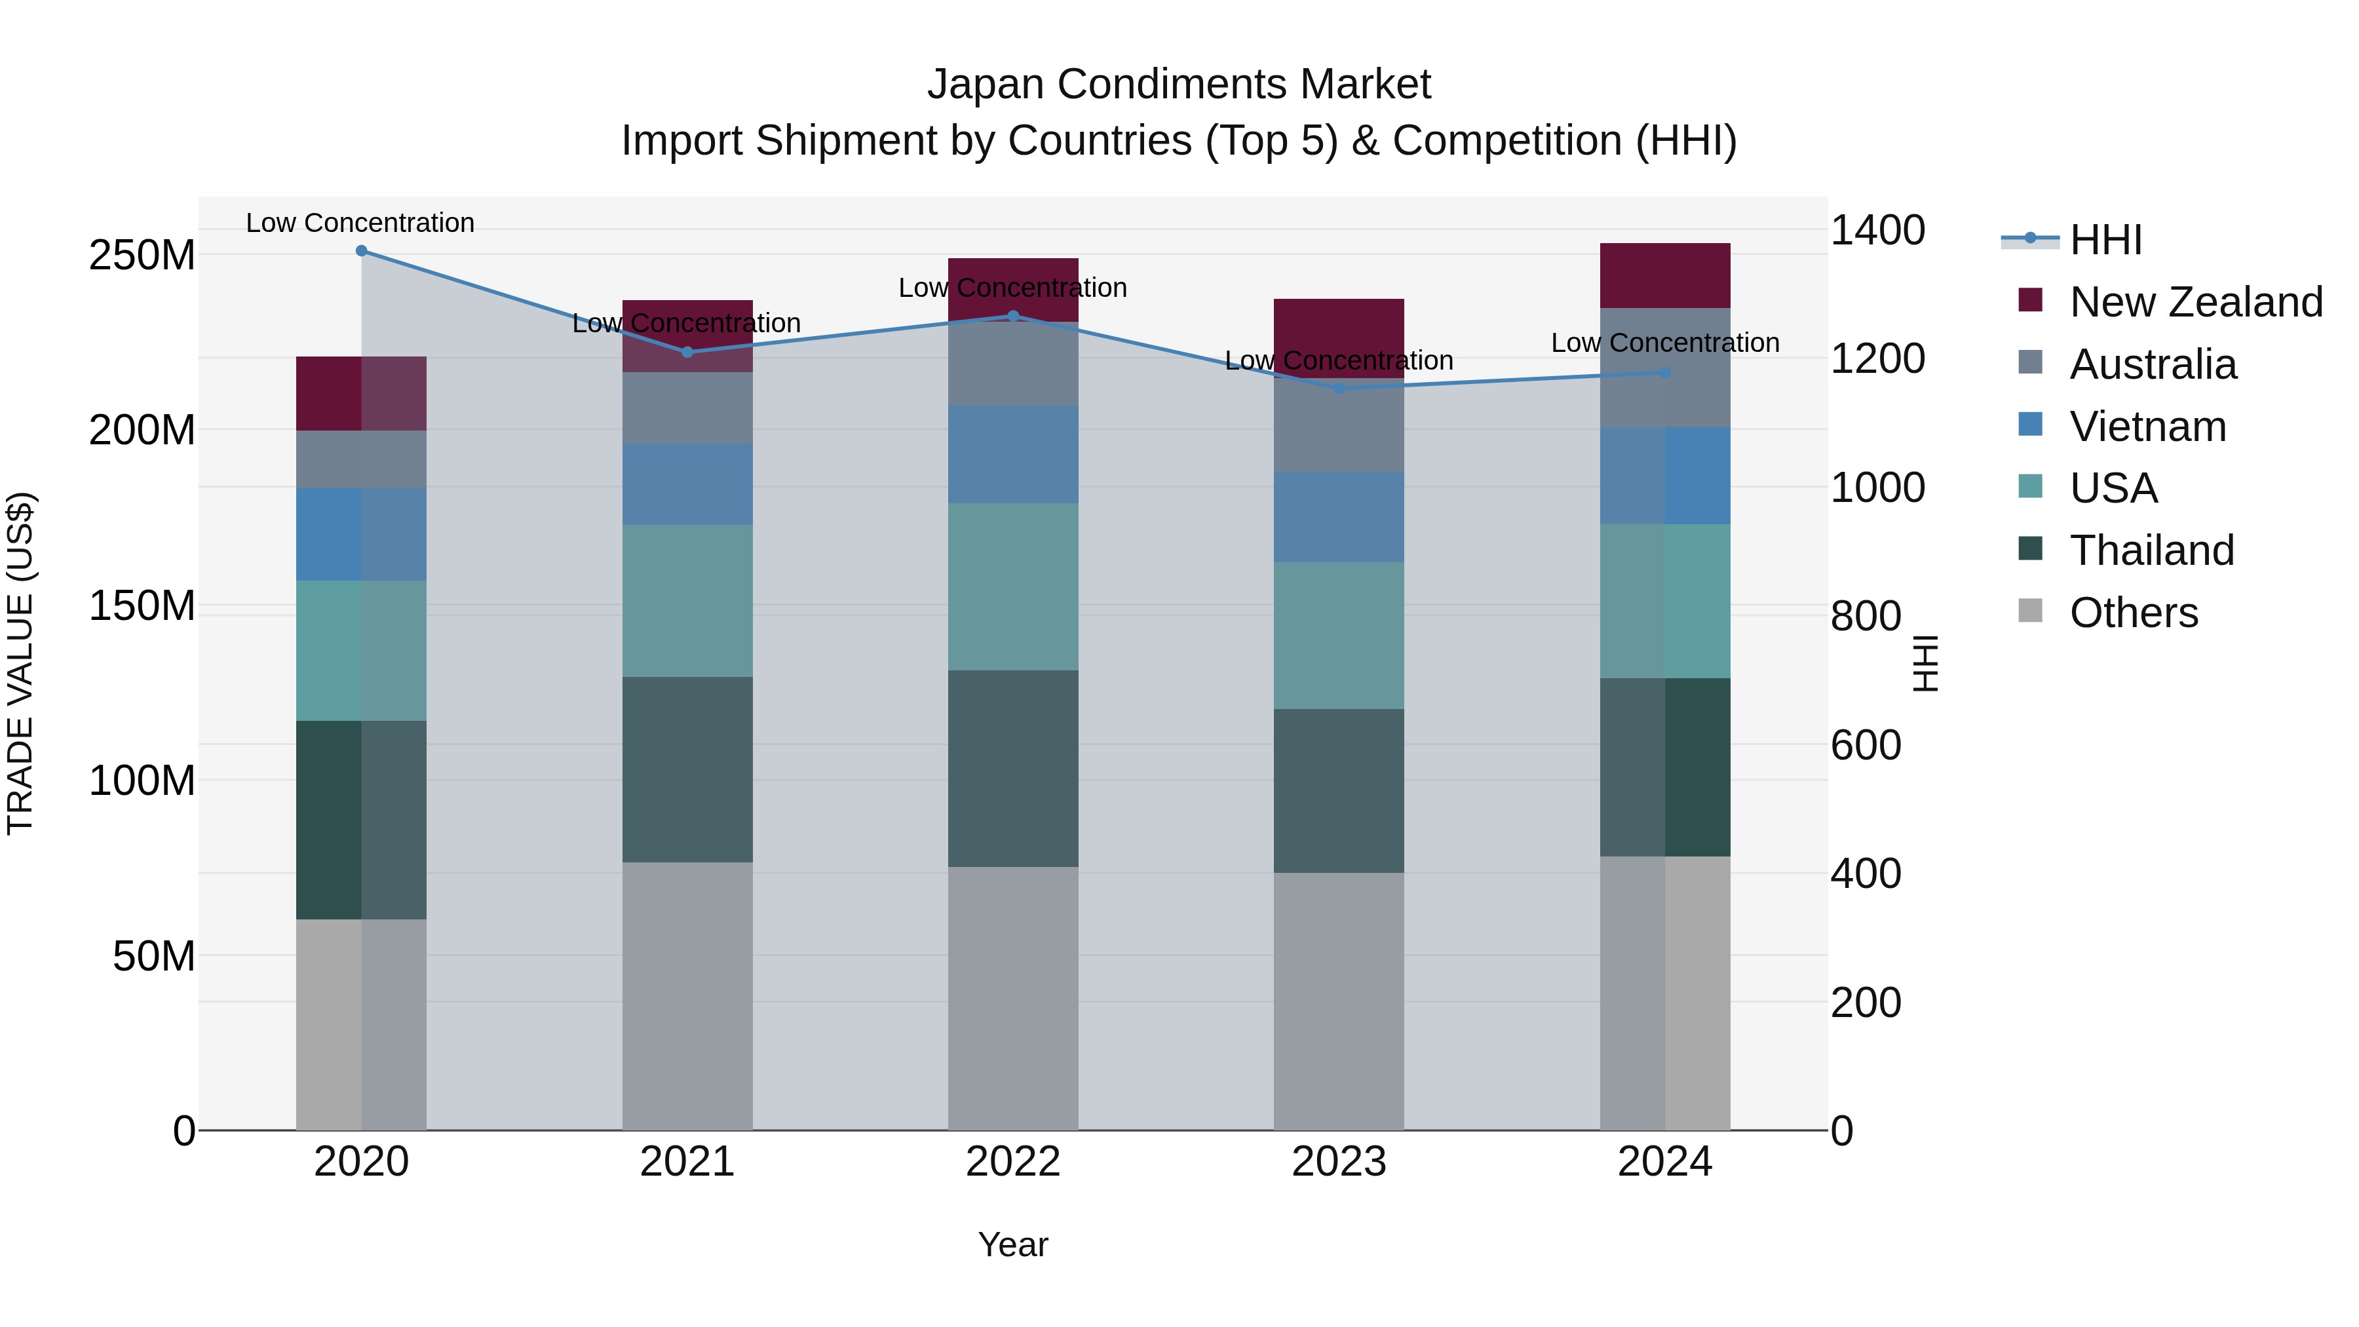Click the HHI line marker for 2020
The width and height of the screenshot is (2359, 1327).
click(x=361, y=251)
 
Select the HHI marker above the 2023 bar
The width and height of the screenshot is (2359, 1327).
click(x=1339, y=389)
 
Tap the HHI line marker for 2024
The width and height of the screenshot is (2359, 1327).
click(x=1665, y=373)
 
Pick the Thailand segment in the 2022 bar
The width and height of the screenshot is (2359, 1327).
click(x=1013, y=769)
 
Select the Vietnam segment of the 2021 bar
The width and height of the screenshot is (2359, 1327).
click(x=687, y=484)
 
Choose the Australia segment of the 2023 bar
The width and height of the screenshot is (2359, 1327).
click(x=1339, y=426)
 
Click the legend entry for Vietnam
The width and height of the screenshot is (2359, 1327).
click(x=2147, y=427)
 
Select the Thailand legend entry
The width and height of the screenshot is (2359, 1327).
click(x=2151, y=550)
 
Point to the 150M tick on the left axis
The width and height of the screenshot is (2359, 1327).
click(x=142, y=606)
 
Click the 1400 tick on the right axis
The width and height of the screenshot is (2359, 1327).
click(x=1877, y=230)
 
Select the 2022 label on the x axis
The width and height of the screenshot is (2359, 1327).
click(x=1013, y=1162)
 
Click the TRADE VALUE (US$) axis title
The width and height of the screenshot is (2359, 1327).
click(x=20, y=663)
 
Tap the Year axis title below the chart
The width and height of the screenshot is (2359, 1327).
click(x=1013, y=1244)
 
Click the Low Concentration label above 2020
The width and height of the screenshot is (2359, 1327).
click(x=360, y=223)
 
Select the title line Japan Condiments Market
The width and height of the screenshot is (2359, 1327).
click(x=1179, y=85)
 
